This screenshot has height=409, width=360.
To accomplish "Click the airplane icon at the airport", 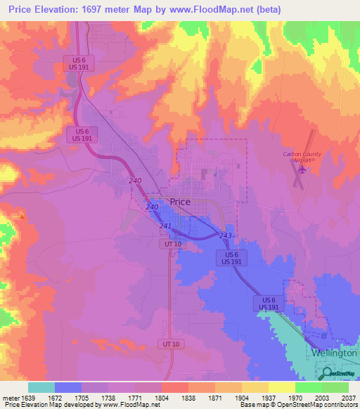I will (304, 169).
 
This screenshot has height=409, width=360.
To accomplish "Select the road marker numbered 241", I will (166, 226).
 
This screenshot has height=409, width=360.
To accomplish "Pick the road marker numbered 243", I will (226, 235).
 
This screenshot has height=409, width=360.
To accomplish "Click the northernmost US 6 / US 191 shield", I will (74, 62).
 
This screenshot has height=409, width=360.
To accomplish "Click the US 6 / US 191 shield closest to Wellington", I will (266, 304).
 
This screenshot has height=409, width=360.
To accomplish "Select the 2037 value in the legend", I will (349, 398).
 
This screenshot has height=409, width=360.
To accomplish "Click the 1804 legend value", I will (162, 398).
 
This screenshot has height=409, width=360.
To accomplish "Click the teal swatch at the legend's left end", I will (41, 387).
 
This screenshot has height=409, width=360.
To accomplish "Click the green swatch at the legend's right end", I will (335, 387).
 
